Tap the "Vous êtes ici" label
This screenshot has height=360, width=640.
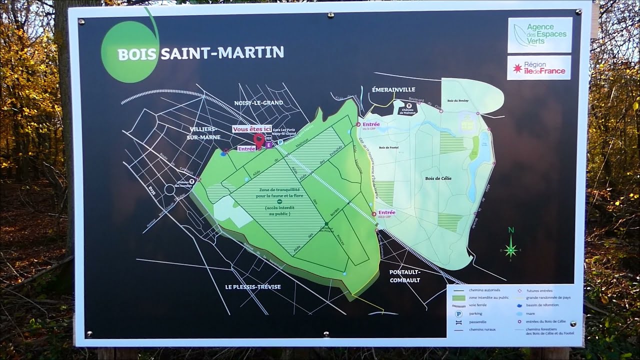(x=251, y=128)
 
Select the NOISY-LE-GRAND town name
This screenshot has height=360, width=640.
(x=258, y=102)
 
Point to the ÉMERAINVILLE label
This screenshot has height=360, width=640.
(x=393, y=89)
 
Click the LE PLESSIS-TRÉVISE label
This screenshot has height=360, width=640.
(x=252, y=286)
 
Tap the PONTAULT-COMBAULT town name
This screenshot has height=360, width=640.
(x=405, y=276)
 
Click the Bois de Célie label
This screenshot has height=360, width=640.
(x=438, y=178)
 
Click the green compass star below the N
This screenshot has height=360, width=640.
(x=510, y=249)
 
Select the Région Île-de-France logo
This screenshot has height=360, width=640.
(x=539, y=67)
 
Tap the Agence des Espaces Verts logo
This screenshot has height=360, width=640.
(x=539, y=34)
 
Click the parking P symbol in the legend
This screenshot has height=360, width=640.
(x=458, y=313)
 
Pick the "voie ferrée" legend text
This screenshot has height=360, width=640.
(x=478, y=305)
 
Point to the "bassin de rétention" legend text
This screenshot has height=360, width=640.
(x=542, y=305)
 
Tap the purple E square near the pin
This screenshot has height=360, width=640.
(x=269, y=145)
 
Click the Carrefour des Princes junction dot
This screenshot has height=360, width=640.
(x=326, y=223)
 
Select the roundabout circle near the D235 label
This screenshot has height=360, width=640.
(x=169, y=190)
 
